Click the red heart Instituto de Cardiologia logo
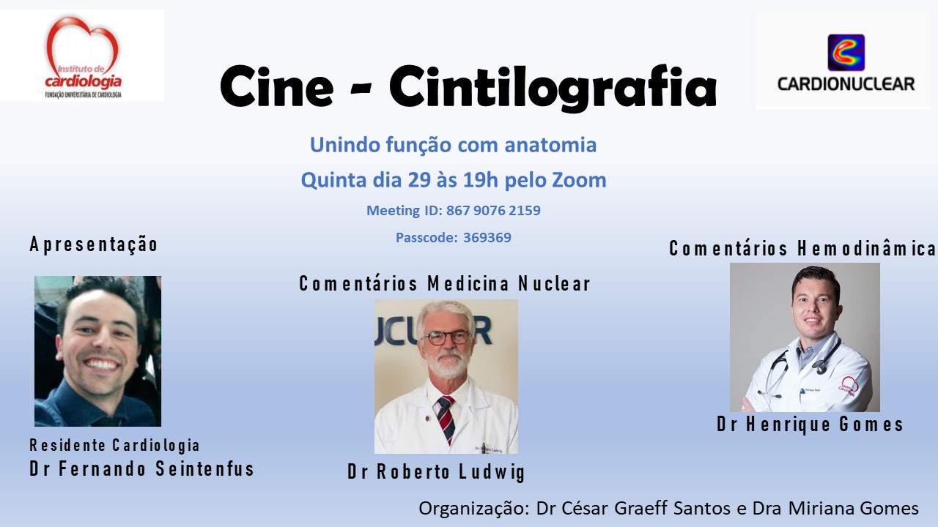point(83,56)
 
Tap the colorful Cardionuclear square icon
point(846,53)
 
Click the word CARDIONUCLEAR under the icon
point(846,84)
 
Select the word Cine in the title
point(277,87)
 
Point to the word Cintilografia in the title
point(553,87)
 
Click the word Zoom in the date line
point(579,180)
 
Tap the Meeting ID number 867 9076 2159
point(493,210)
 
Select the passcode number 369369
point(487,238)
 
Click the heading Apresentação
point(93,244)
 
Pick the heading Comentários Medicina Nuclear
point(445,283)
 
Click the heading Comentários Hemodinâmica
point(802,248)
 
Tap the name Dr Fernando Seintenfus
point(141,468)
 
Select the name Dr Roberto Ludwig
point(436,472)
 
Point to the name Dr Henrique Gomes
point(810,424)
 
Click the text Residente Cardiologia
point(114,445)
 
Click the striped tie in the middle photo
point(446,418)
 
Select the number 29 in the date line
point(419,180)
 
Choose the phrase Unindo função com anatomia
point(453,145)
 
